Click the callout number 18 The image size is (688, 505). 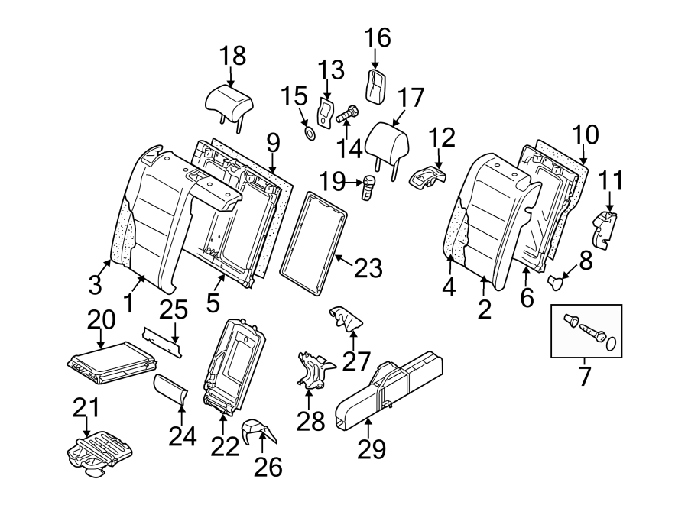click(234, 56)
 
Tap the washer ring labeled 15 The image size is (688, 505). click(310, 135)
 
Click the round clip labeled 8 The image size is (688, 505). click(557, 283)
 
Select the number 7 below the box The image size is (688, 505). click(585, 377)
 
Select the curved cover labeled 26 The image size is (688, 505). click(254, 433)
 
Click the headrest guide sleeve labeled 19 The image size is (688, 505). click(370, 187)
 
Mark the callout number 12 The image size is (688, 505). click(441, 138)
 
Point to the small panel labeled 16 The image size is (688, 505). click(376, 85)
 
